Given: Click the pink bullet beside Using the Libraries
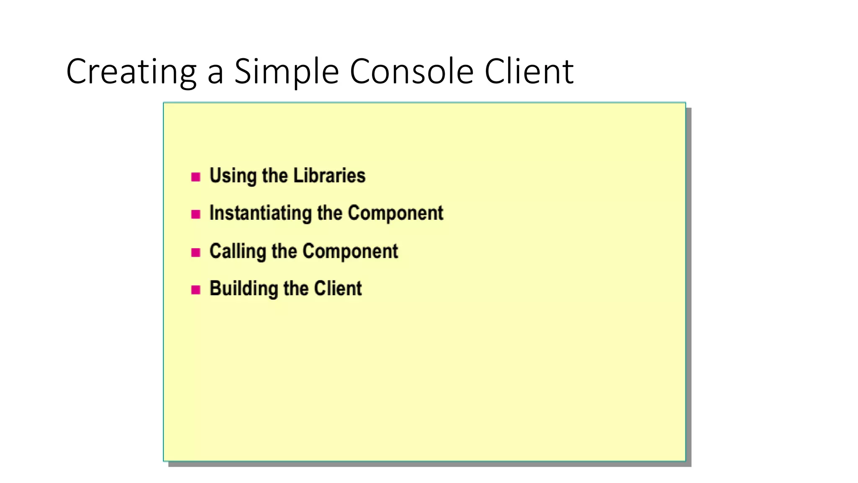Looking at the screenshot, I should pos(196,177).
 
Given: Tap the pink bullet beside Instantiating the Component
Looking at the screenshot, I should pos(196,214).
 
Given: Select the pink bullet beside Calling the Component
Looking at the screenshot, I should pos(196,252).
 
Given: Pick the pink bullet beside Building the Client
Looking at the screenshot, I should pos(196,290).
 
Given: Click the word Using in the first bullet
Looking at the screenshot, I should pos(233,176).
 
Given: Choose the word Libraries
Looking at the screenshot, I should pos(329,175).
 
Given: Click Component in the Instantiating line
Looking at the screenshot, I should pos(395,213).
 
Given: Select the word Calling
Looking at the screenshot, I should pos(238,251).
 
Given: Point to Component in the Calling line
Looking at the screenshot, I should pos(350,251).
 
